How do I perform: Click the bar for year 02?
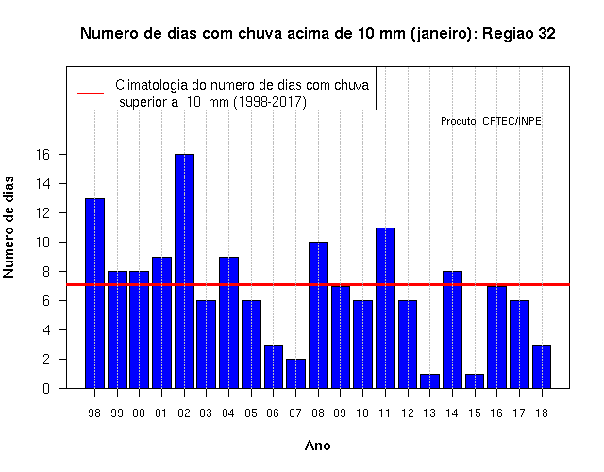pyautogui.click(x=184, y=271)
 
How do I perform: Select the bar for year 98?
pyautogui.click(x=94, y=294)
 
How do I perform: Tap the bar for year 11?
pyautogui.click(x=385, y=308)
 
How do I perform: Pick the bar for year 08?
pyautogui.click(x=318, y=314)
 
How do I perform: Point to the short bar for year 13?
pyautogui.click(x=430, y=380)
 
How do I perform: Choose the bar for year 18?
pyautogui.click(x=542, y=366)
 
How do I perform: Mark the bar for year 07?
pyautogui.click(x=295, y=374)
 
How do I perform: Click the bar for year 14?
pyautogui.click(x=452, y=329)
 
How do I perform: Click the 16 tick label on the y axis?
pyautogui.click(x=43, y=155)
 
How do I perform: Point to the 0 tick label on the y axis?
pyautogui.click(x=46, y=388)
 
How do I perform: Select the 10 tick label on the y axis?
pyautogui.click(x=43, y=243)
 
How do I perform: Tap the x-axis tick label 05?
pyautogui.click(x=251, y=413)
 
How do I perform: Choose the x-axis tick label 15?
pyautogui.click(x=475, y=413)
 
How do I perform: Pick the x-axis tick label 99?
pyautogui.click(x=117, y=413)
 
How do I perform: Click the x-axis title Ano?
pyautogui.click(x=318, y=446)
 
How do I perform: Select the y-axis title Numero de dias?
pyautogui.click(x=8, y=228)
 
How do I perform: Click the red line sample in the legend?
pyautogui.click(x=91, y=93)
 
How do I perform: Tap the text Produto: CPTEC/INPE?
pyautogui.click(x=491, y=121)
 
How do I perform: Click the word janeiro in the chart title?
pyautogui.click(x=441, y=34)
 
